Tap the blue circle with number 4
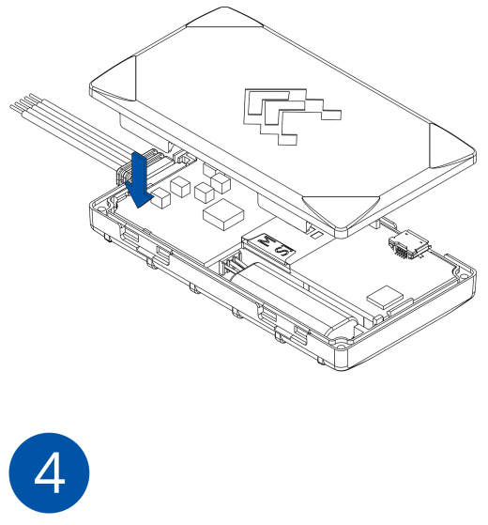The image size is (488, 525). point(49,472)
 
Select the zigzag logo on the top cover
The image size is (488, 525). point(291,116)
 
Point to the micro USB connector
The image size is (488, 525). point(409,245)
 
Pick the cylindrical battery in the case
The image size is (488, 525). point(295,298)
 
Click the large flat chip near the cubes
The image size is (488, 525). point(223,215)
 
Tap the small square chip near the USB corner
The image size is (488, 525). point(386,297)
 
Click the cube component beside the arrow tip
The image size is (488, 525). point(160,198)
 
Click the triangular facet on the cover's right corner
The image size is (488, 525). point(452,147)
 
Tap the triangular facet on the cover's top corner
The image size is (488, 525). point(224,18)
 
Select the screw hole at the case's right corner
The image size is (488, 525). point(463,276)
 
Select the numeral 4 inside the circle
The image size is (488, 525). point(50,472)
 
